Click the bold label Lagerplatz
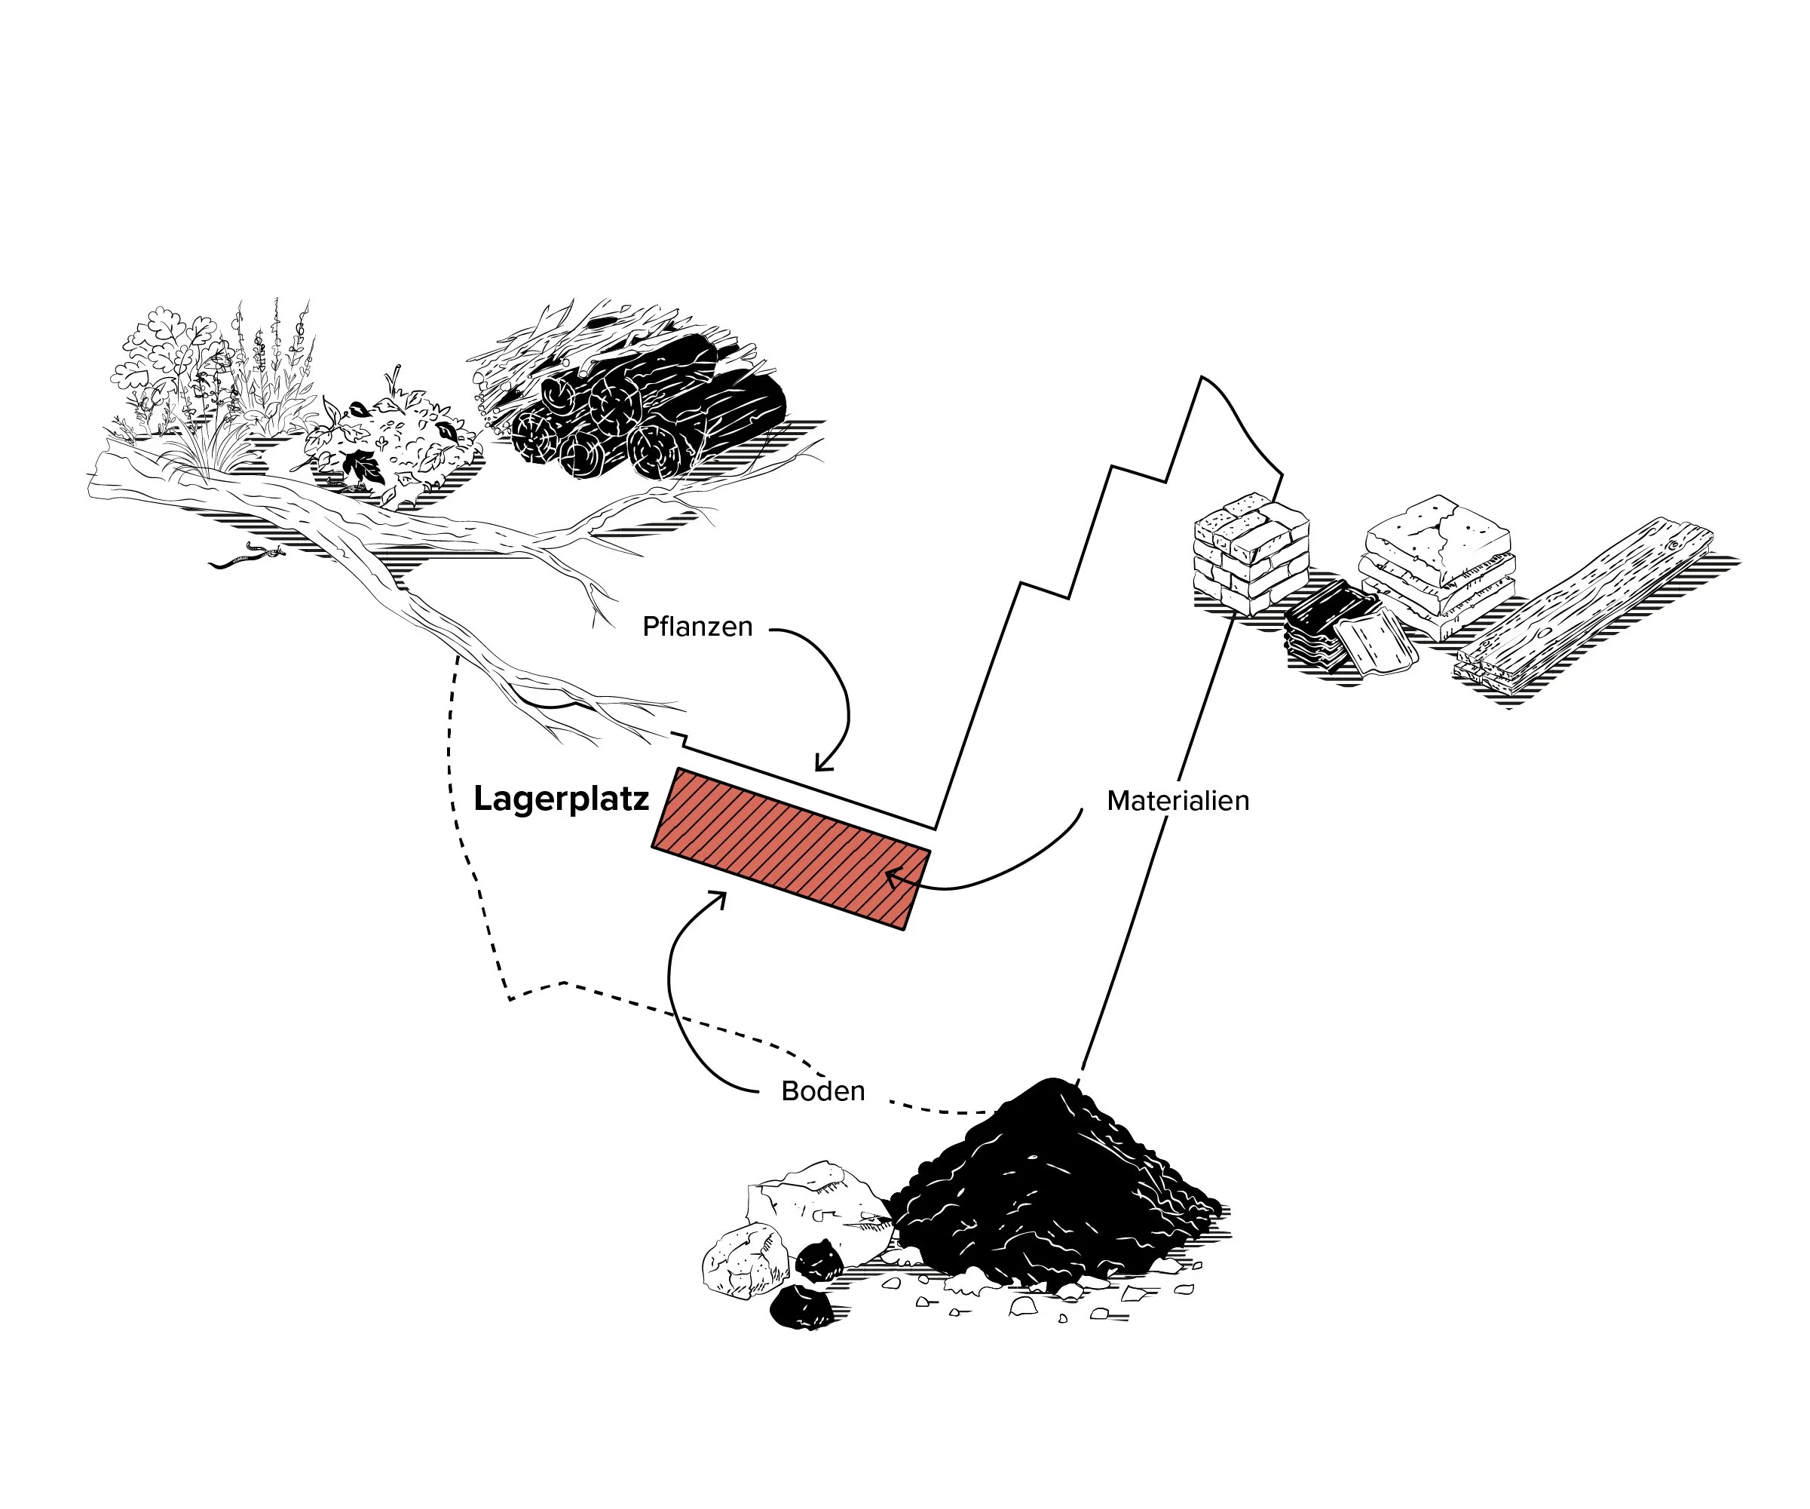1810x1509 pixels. pyautogui.click(x=561, y=799)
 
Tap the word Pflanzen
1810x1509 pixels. pyautogui.click(x=697, y=626)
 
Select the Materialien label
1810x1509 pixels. pyautogui.click(x=1178, y=800)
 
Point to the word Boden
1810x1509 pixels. pyautogui.click(x=822, y=1090)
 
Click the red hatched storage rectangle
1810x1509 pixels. pyautogui.click(x=790, y=848)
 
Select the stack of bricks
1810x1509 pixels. pyautogui.click(x=1250, y=552)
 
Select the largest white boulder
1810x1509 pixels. pyautogui.click(x=814, y=1207)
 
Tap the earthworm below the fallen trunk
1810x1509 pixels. pyautogui.click(x=246, y=558)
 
